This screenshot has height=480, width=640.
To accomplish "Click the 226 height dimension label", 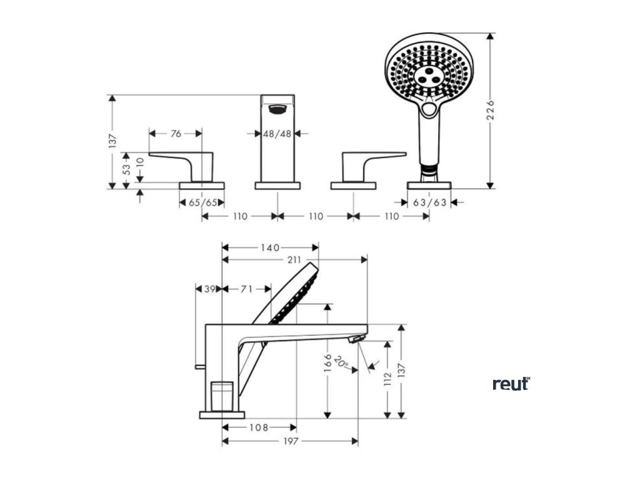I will pyautogui.click(x=491, y=111).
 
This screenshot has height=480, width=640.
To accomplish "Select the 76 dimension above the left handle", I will pyautogui.click(x=176, y=133).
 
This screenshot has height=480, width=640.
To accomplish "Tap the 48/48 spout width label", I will pyautogui.click(x=277, y=133).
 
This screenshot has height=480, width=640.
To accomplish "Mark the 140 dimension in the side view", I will pyautogui.click(x=270, y=247).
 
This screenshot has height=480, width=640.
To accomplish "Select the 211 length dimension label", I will pyautogui.click(x=294, y=260).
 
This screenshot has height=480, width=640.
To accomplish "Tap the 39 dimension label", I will pyautogui.click(x=209, y=289).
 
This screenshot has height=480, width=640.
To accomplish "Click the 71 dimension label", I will pyautogui.click(x=247, y=289).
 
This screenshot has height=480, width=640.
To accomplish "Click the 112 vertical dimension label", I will pyautogui.click(x=387, y=379).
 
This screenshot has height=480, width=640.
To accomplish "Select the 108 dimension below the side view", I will pyautogui.click(x=259, y=428).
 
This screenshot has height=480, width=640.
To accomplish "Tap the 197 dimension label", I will pyautogui.click(x=290, y=441).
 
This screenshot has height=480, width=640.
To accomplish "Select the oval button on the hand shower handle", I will pyautogui.click(x=429, y=111).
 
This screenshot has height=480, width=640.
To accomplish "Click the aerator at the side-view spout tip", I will pyautogui.click(x=356, y=339).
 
